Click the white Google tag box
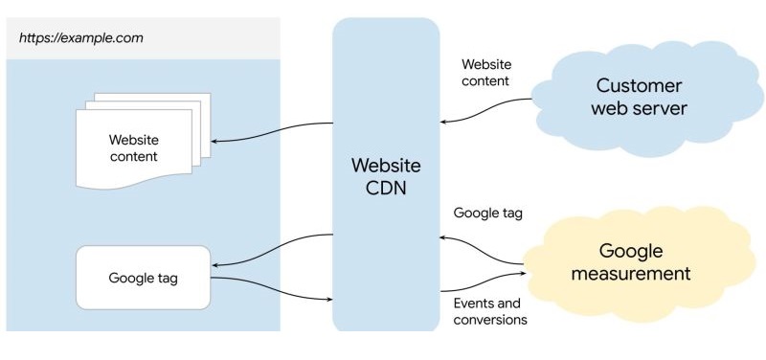tap(143, 278)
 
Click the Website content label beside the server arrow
tap(486, 73)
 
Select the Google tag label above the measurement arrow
tap(488, 213)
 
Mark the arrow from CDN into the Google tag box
tap(273, 251)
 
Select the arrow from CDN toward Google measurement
tap(484, 283)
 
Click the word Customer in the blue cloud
tap(639, 84)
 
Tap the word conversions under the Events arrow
tap(490, 321)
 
